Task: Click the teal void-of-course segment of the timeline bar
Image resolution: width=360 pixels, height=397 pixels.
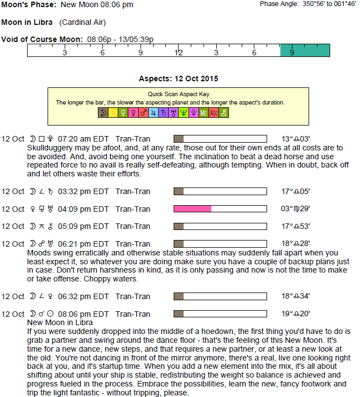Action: pos(305,50)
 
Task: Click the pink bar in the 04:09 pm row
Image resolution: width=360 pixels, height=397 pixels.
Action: pos(192,209)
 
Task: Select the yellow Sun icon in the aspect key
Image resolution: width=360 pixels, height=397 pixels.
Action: pos(113,113)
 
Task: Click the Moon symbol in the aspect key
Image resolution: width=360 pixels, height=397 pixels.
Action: pos(103,113)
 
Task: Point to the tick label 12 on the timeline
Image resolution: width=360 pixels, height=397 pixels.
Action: pos(179,53)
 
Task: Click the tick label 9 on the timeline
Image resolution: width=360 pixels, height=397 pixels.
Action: pos(140,53)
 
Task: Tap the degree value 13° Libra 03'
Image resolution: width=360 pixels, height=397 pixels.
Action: pos(295,139)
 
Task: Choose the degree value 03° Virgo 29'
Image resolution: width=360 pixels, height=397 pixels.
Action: pos(295,209)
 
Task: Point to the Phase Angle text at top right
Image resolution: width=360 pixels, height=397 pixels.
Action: pos(308,4)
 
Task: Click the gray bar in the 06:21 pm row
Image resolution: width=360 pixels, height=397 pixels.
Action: pos(179,243)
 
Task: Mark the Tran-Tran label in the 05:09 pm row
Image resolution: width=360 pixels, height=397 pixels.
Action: pos(133,226)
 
